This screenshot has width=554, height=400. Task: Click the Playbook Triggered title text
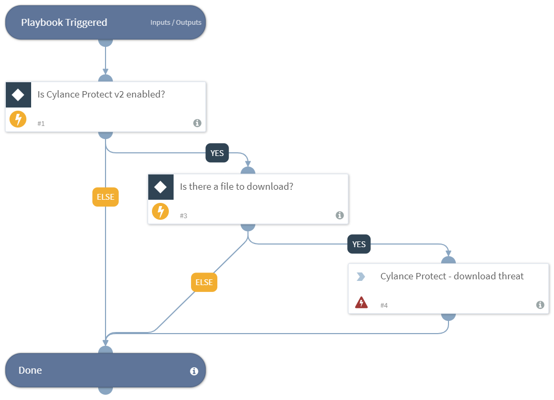click(64, 23)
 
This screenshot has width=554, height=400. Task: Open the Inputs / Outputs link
click(176, 23)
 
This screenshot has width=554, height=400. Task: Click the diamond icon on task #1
click(18, 95)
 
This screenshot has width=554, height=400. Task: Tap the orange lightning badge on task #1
click(18, 120)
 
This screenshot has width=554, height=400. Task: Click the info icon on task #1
click(197, 123)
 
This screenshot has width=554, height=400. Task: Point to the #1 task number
click(41, 123)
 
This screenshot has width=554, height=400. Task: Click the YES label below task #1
click(217, 153)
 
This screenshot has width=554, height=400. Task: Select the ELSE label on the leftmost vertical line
click(106, 197)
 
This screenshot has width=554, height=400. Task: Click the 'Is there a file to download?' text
click(236, 187)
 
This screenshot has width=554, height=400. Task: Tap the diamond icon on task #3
click(160, 187)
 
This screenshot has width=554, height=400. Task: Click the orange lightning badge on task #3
click(160, 212)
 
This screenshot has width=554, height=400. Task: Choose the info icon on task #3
click(339, 215)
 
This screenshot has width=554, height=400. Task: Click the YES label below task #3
click(359, 245)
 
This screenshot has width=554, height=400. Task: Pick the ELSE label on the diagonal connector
click(204, 282)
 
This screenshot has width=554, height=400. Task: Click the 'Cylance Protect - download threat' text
click(452, 276)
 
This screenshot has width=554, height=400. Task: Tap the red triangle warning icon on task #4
click(361, 303)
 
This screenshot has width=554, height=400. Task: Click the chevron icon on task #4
click(361, 277)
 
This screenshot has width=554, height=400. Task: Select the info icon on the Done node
click(194, 371)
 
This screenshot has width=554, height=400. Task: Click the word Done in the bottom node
click(30, 370)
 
